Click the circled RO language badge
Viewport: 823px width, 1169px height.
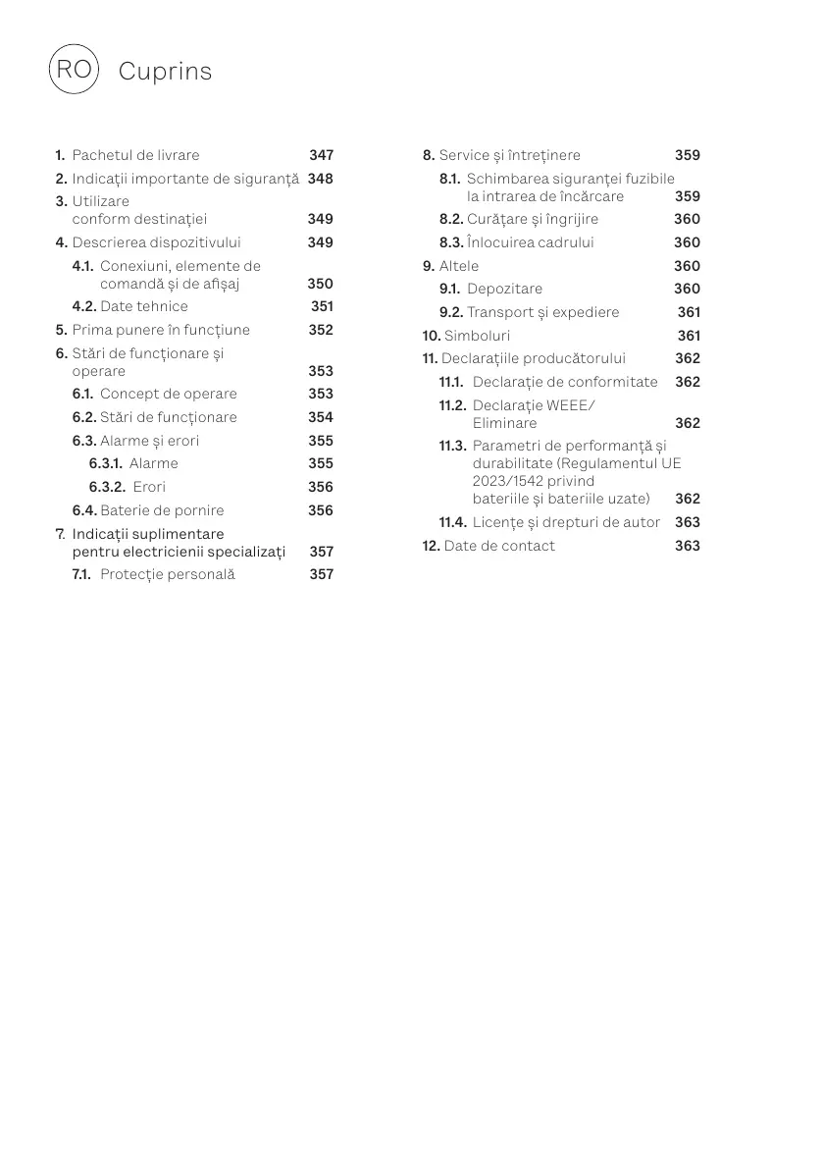pos(73,70)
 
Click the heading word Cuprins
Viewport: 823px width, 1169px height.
pos(165,72)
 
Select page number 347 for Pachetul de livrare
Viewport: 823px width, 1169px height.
pos(321,155)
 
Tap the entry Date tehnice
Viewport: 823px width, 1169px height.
pos(143,306)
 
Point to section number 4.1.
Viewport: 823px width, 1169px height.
pos(83,266)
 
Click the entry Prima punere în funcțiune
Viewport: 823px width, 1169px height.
pos(161,330)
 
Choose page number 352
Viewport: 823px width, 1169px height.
pos(321,330)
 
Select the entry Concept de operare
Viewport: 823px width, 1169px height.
pos(168,394)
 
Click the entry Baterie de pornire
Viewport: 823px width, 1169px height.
pos(162,510)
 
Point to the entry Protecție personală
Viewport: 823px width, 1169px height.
pos(167,574)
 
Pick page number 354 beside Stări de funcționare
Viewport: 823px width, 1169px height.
pos(321,417)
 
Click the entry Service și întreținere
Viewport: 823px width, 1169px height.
pos(509,155)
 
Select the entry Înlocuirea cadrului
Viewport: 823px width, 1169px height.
pos(530,242)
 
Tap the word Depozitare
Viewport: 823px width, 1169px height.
pos(504,289)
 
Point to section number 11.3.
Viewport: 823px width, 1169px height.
pos(452,447)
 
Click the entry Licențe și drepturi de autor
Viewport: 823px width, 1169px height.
pos(566,522)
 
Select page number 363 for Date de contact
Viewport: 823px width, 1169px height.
pos(687,546)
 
